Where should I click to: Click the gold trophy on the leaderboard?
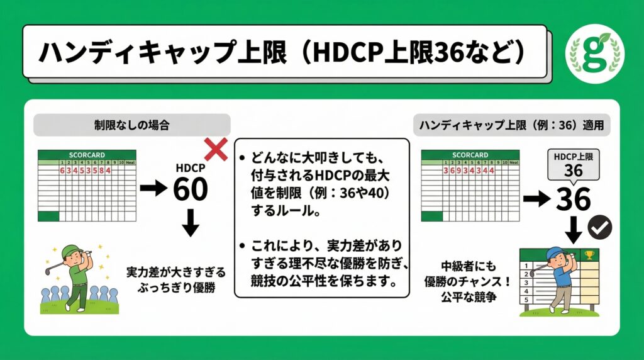589,256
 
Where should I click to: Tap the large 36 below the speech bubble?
573,200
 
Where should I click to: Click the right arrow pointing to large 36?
535,200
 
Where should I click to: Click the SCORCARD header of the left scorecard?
87,154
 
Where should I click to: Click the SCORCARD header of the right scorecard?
469,154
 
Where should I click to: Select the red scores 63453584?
85,170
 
